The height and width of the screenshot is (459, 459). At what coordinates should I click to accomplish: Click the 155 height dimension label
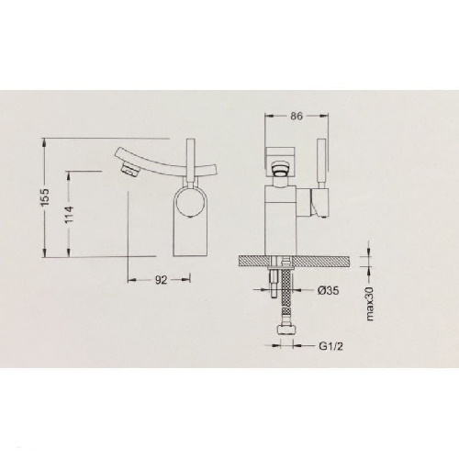tap(45, 197)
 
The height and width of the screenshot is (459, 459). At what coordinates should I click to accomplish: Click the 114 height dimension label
tap(70, 215)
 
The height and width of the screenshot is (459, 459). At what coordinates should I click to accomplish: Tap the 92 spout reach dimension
tap(161, 279)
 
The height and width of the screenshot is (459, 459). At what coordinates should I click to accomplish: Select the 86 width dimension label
tap(296, 116)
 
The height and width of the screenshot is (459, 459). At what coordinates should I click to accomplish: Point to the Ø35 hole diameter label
tap(328, 290)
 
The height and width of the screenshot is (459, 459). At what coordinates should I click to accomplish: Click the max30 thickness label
tap(370, 303)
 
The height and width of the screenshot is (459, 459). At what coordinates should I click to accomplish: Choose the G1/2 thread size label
tap(330, 346)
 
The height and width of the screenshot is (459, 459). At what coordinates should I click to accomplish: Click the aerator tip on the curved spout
tap(129, 169)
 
